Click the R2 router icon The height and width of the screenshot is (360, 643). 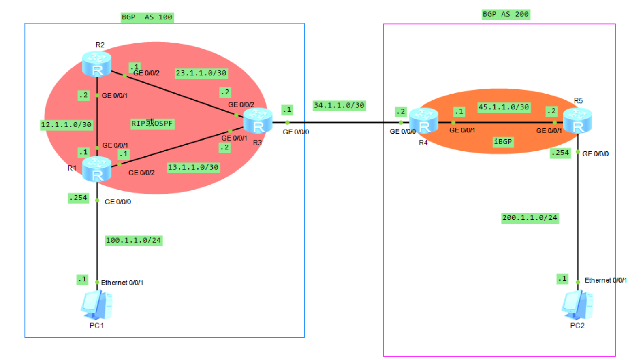(x=97, y=64)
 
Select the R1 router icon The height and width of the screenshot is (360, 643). (x=97, y=169)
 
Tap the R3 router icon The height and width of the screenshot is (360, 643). (x=258, y=121)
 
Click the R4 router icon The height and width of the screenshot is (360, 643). (x=424, y=120)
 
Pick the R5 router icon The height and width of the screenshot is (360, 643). (x=577, y=121)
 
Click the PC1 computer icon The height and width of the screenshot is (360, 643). (x=96, y=305)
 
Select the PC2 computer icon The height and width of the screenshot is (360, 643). (x=577, y=305)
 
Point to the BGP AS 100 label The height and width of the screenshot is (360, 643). (x=147, y=17)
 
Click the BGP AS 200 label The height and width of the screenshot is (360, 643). (x=506, y=15)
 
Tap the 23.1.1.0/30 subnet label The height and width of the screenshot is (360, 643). (x=201, y=73)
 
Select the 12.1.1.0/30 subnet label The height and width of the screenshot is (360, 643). (x=66, y=125)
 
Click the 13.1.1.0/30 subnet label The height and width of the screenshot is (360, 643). (x=193, y=167)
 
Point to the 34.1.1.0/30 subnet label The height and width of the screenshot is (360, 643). (x=339, y=106)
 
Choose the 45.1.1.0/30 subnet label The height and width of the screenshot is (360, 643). (x=504, y=107)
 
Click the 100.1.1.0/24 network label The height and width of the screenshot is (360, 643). (x=133, y=241)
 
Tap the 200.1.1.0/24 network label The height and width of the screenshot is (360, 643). (x=530, y=218)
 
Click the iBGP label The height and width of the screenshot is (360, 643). (x=503, y=142)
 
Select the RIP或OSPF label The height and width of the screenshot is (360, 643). (x=152, y=124)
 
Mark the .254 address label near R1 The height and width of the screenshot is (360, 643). (x=78, y=198)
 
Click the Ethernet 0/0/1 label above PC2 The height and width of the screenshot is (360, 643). (x=605, y=280)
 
